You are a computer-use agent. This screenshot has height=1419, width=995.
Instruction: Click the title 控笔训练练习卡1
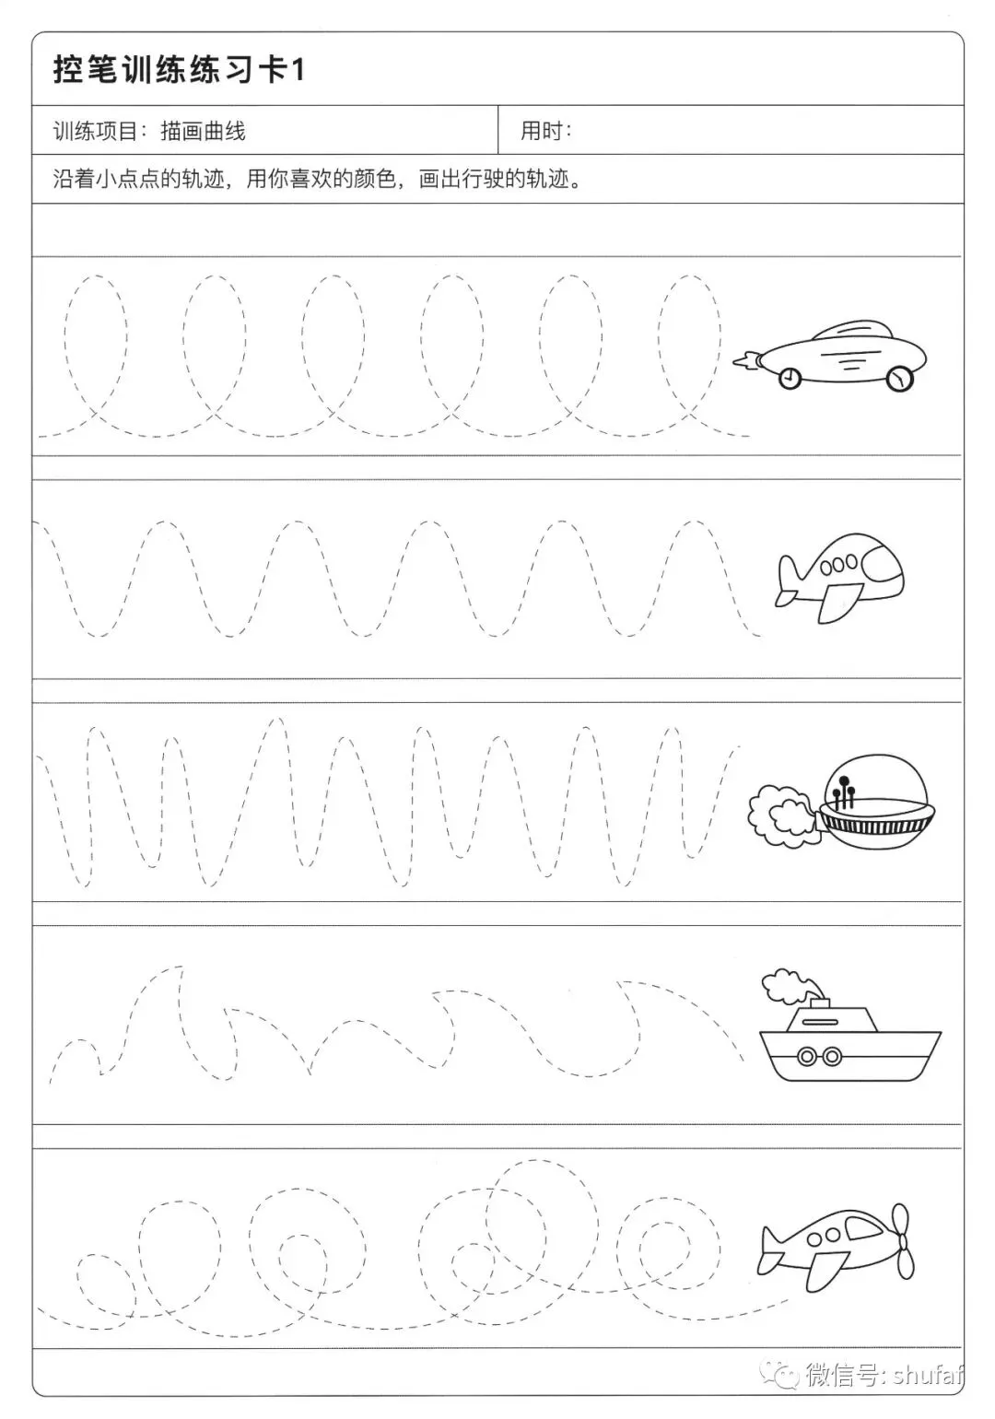click(179, 70)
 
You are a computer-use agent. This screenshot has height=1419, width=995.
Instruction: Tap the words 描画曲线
click(203, 131)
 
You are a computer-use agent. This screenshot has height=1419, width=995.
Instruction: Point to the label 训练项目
click(96, 131)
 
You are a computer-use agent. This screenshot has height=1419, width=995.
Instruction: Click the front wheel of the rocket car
click(899, 379)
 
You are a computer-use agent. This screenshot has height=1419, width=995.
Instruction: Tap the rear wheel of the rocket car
click(790, 379)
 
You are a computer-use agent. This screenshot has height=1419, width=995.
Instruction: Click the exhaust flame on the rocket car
click(746, 361)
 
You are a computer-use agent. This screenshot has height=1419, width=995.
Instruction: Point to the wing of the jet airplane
click(835, 603)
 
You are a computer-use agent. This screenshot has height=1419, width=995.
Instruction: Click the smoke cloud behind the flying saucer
click(783, 815)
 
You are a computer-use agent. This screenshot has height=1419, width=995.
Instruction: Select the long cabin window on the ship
click(820, 1022)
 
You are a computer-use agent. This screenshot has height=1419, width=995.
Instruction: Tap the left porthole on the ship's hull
click(806, 1056)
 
